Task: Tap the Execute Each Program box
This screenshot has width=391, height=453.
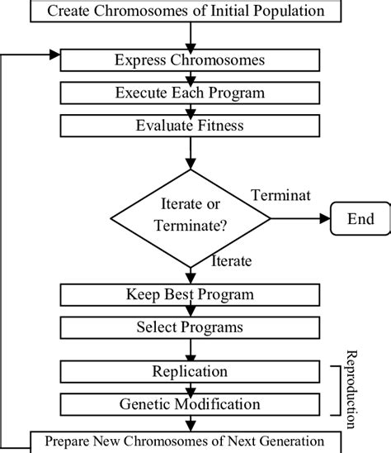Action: (x=191, y=92)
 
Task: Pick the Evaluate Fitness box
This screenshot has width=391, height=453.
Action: (x=191, y=126)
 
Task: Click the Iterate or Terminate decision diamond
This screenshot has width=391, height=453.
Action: (x=191, y=219)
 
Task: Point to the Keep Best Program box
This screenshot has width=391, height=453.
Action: (x=191, y=294)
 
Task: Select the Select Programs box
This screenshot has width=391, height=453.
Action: (x=191, y=327)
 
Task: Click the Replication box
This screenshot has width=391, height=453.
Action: (x=191, y=372)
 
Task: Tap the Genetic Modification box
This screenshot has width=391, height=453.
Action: (x=191, y=405)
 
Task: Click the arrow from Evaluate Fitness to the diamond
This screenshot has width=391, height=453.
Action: (x=191, y=153)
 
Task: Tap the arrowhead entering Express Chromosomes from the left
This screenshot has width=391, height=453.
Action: (x=56, y=55)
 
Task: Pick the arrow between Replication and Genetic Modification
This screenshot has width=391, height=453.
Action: (x=191, y=389)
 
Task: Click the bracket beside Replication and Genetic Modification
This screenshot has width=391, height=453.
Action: (x=337, y=389)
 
